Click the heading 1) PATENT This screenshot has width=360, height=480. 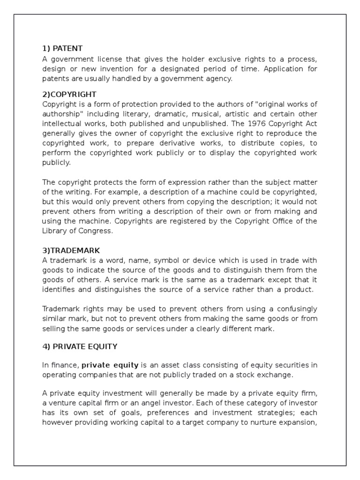tap(62, 48)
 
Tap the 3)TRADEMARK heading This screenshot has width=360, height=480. tap(71, 250)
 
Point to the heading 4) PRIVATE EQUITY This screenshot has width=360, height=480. tap(80, 346)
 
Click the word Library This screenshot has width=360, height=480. tap(54, 231)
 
